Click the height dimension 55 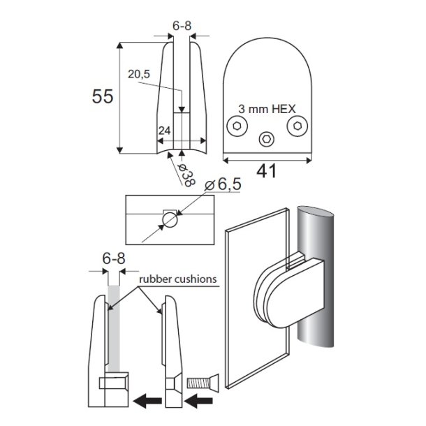103,97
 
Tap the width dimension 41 267,169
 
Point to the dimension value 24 164,131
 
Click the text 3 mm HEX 267,109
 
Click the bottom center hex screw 267,140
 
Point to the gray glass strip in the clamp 115,328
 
